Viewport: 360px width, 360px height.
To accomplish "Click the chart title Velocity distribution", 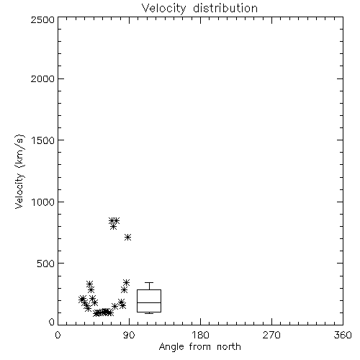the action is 199,9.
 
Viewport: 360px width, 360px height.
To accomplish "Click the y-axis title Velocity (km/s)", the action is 19,171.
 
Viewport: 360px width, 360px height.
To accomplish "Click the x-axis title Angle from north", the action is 200,347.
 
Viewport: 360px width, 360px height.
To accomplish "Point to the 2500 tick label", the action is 42,19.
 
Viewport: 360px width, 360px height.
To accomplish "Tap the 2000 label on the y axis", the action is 42,79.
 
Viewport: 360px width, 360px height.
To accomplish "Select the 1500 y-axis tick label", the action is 43,140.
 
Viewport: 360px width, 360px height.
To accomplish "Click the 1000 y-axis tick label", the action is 43,202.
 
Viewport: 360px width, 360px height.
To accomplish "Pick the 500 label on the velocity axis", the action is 45,264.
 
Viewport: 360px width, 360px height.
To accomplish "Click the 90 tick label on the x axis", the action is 129,335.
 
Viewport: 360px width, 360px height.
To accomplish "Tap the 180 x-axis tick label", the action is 200,335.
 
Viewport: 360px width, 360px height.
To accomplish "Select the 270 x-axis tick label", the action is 271,335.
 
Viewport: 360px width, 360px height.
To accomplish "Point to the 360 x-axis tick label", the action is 343,335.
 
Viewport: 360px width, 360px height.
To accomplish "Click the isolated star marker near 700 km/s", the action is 127,238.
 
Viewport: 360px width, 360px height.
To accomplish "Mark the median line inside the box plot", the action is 149,302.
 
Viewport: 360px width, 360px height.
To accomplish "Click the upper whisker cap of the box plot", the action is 149,283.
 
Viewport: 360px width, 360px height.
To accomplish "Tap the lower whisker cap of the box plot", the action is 149,313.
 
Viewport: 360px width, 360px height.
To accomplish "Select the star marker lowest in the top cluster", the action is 113,227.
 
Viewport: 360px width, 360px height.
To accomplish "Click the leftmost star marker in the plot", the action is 82,300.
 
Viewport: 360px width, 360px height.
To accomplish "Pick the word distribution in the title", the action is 225,9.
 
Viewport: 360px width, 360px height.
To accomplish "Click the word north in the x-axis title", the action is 229,347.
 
